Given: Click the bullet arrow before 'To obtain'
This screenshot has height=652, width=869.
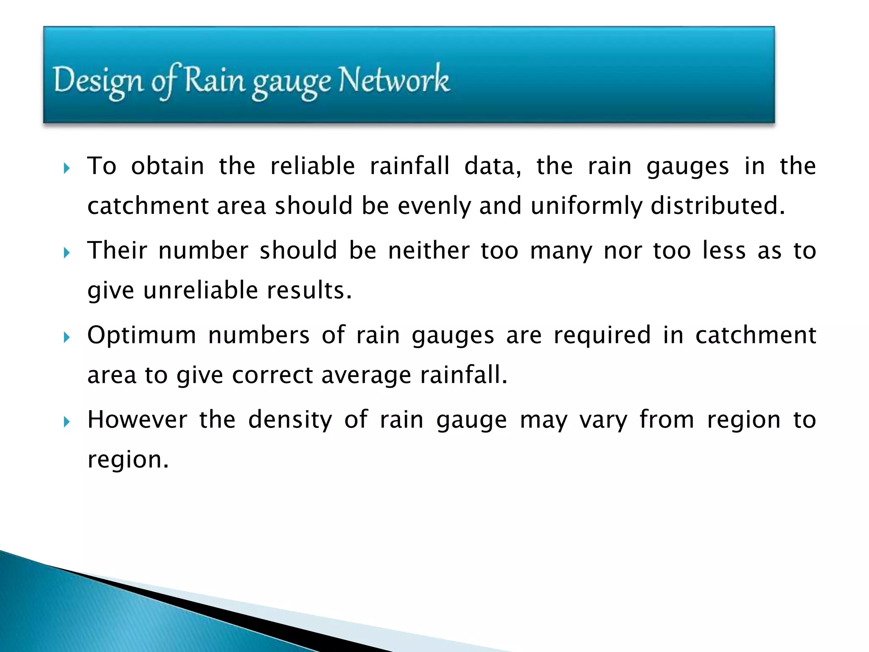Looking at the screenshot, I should tap(66, 169).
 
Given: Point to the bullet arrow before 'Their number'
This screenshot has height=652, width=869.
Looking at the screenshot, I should tap(66, 253).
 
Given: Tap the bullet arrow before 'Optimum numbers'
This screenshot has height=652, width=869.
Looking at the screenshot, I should tap(66, 337).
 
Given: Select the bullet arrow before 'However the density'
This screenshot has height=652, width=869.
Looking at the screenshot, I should tap(66, 422).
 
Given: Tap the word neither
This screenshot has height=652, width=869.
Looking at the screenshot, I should tap(429, 250).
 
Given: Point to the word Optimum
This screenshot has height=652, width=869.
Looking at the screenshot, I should tap(142, 335).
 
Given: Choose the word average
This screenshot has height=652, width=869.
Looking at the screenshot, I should tap(366, 376).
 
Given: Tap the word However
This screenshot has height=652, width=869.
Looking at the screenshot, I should tap(137, 419).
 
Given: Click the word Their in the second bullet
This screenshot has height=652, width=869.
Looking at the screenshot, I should tap(117, 250).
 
